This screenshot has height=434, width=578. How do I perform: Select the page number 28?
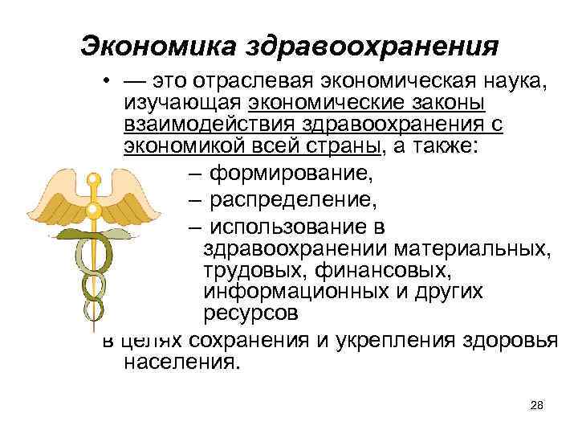[537, 404]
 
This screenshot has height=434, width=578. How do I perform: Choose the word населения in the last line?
[181, 362]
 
